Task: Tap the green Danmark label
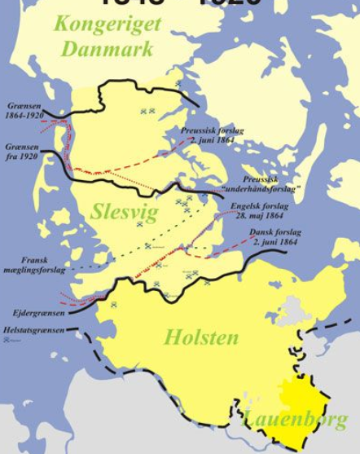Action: pyautogui.click(x=107, y=49)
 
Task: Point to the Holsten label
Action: pyautogui.click(x=201, y=337)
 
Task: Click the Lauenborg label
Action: pyautogui.click(x=295, y=420)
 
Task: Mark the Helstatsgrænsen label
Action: pyautogui.click(x=32, y=329)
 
